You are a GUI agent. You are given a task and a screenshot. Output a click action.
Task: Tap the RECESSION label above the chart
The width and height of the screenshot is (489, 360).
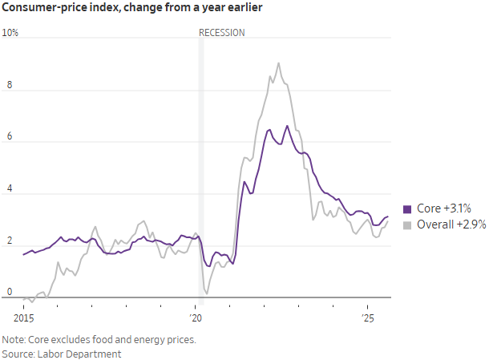pos(222,33)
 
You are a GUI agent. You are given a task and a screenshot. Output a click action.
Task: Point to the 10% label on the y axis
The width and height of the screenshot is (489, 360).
pos(10,33)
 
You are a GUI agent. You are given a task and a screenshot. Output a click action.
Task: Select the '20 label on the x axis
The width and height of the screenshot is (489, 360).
pos(195,307)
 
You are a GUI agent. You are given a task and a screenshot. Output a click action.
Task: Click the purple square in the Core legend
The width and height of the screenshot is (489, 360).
pos(407,208)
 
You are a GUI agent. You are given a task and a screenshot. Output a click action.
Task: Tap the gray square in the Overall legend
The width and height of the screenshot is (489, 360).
pos(407,224)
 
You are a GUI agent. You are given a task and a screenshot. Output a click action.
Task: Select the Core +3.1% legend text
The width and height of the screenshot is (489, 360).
pos(443,208)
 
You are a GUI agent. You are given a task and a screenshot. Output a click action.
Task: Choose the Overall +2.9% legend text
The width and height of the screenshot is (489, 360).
pos(451,224)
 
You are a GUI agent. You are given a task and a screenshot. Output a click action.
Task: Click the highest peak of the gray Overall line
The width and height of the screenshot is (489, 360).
pos(278,63)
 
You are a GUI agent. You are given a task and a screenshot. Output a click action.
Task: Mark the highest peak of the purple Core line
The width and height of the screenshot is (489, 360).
pos(287,126)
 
